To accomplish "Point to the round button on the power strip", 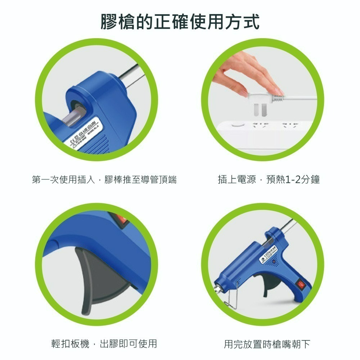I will [237, 125].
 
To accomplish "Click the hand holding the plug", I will [248, 72].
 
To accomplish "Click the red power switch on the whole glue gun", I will [300, 285].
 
